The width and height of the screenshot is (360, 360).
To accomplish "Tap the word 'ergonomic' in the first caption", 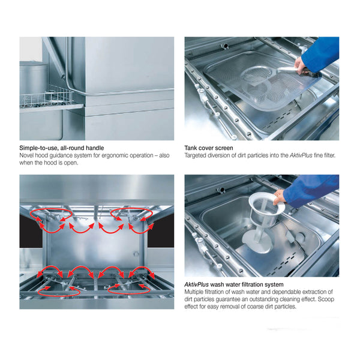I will coord(115,155).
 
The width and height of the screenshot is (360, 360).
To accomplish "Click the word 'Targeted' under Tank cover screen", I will coord(197,155).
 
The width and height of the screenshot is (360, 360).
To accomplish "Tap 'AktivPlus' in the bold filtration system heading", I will coord(199,284).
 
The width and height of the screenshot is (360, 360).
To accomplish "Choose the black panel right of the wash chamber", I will coord(160,231).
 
